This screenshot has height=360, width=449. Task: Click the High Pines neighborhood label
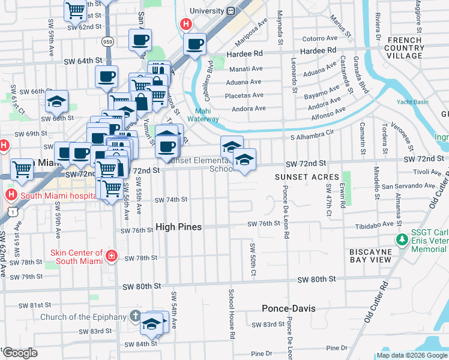pos(178,227)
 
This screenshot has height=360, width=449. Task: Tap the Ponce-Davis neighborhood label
pos(288,308)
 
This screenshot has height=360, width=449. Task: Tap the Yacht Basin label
pos(412,102)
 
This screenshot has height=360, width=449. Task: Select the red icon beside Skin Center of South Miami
pos(111,257)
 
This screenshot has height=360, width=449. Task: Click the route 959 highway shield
pos(107,41)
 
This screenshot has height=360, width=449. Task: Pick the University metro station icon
pos(231,11)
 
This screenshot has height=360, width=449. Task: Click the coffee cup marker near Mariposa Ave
pos(195,44)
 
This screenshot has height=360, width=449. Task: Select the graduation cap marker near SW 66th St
pos(57,101)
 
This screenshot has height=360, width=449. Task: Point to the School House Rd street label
pos(231,314)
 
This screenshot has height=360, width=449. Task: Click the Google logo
pos(20,353)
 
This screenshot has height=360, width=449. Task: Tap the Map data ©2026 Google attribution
pos(412,355)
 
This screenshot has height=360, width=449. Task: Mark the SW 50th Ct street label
pos(253,260)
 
